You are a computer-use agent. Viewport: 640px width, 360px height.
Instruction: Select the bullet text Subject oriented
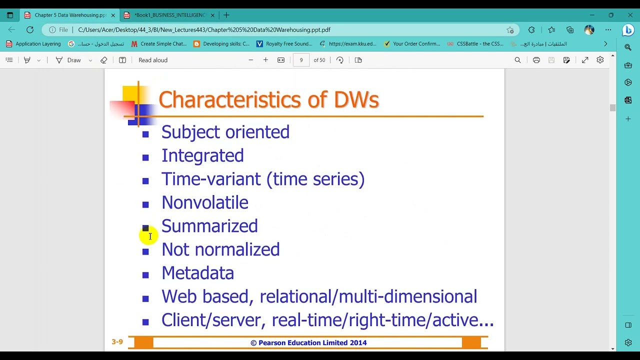coord(225,132)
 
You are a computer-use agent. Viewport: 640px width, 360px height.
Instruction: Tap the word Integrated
coord(202,155)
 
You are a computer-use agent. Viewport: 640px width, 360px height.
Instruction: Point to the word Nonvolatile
coord(204,202)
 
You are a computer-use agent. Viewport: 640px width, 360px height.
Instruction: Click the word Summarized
coord(209,226)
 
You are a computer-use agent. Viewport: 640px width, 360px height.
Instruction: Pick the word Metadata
coord(197,273)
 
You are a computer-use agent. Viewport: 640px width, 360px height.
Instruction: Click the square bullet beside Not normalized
coord(145,251)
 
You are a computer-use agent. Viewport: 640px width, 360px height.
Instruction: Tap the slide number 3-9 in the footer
coord(117,342)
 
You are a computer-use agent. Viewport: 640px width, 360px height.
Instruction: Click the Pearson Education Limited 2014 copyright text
coord(308,342)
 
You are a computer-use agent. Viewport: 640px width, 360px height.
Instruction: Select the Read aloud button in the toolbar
coord(153,60)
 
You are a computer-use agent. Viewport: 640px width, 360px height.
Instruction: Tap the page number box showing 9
coord(301,60)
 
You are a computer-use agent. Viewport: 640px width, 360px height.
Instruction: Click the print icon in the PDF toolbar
coord(536,60)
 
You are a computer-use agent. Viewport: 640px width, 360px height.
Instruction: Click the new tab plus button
coord(226,15)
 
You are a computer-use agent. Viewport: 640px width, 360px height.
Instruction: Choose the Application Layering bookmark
coord(33,44)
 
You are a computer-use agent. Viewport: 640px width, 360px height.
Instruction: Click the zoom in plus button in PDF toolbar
coord(265,60)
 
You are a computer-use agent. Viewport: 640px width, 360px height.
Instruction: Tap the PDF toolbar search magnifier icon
coord(517,60)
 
